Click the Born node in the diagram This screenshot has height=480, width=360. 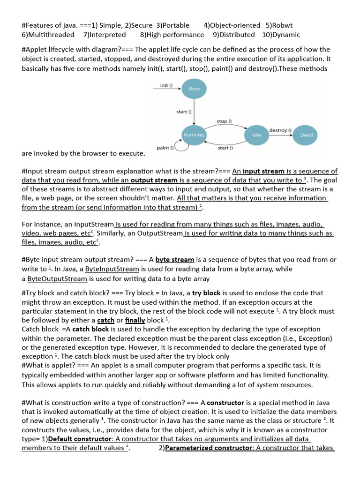[194, 89]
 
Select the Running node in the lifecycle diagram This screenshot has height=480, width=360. [194, 135]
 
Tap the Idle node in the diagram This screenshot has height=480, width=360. [256, 135]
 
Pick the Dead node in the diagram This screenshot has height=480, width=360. [306, 135]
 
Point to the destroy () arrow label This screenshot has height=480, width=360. [280, 129]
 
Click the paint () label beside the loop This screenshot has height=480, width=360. [165, 148]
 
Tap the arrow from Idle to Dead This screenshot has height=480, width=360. [281, 135]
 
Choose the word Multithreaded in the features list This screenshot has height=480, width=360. [51, 35]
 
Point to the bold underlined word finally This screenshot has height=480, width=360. [135, 320]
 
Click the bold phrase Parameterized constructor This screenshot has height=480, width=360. [209, 448]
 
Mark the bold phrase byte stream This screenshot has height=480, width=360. [175, 259]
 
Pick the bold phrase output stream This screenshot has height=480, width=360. [154, 180]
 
